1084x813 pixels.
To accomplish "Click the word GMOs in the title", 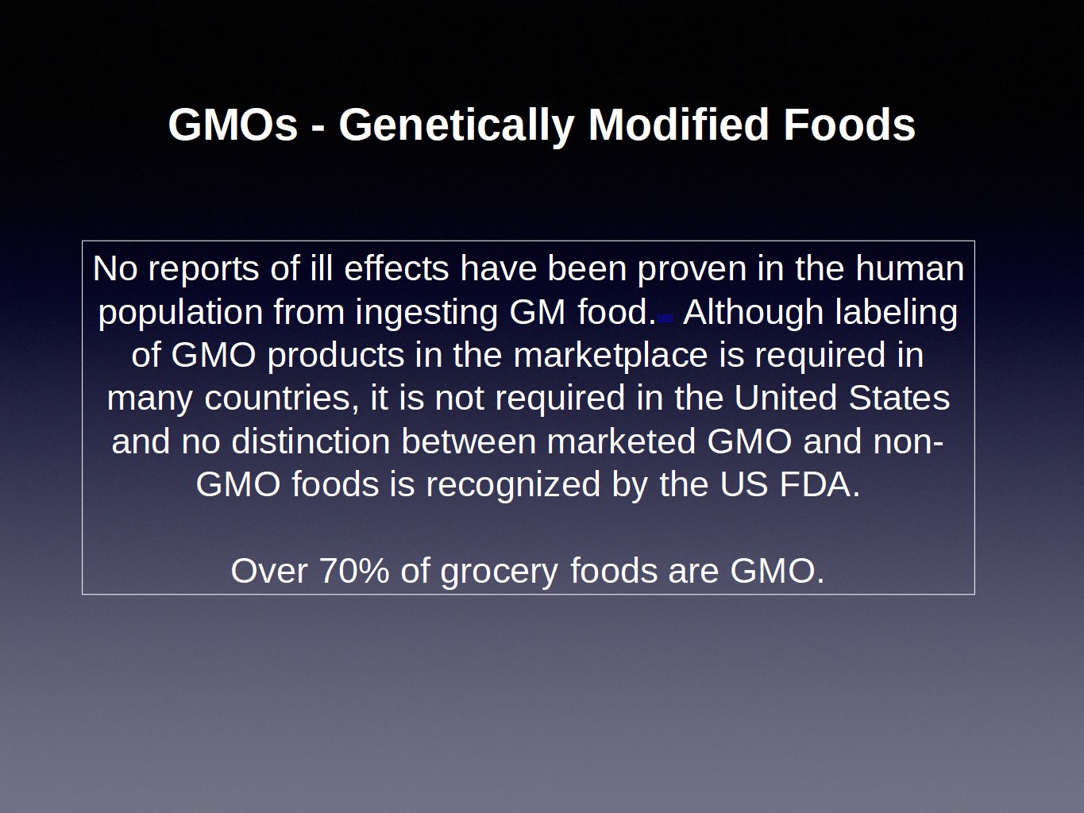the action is pyautogui.click(x=233, y=125).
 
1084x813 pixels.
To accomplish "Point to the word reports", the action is pyautogui.click(x=203, y=271).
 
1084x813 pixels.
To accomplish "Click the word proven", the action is pyautogui.click(x=692, y=271).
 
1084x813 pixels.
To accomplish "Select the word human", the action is pyautogui.click(x=909, y=268).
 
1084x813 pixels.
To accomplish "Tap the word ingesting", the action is pyautogui.click(x=426, y=314).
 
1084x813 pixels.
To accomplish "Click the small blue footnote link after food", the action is pyautogui.click(x=665, y=318).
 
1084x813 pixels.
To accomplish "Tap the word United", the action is pyautogui.click(x=785, y=397).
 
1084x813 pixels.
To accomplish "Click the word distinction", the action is pyautogui.click(x=311, y=441).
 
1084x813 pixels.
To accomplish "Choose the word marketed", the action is pyautogui.click(x=621, y=441).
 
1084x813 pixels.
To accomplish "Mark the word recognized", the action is pyautogui.click(x=513, y=486).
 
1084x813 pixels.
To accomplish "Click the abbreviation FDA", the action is pyautogui.click(x=820, y=484).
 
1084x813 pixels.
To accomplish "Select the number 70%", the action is pyautogui.click(x=354, y=571).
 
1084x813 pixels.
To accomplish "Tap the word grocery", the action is pyautogui.click(x=499, y=573).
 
